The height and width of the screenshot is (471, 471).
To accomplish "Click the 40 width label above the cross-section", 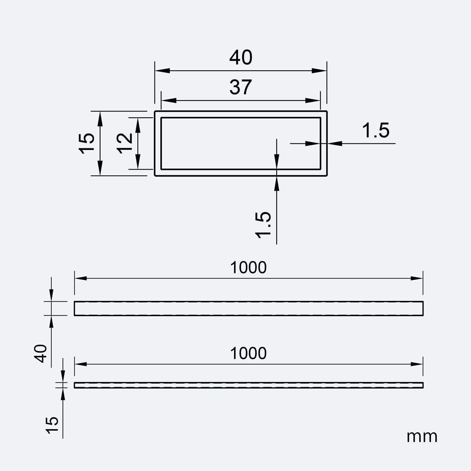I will [241, 58].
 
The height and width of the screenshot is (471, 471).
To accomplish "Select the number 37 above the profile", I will [241, 87].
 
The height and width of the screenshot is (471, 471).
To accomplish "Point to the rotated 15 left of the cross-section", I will [86, 143].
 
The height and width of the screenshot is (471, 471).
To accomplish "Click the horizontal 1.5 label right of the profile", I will [375, 131].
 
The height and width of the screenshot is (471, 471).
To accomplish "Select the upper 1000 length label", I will [248, 268].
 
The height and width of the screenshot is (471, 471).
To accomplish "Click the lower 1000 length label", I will [248, 353].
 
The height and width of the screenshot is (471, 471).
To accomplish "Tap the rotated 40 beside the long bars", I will [41, 353].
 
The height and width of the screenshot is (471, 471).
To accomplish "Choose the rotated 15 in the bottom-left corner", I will [53, 426].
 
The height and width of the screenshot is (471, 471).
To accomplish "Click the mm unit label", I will [422, 437].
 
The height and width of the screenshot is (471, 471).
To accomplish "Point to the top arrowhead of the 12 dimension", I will [138, 123].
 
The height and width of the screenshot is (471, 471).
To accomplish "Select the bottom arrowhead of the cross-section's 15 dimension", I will [100, 170].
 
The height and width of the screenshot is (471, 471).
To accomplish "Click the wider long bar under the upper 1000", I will [248, 308].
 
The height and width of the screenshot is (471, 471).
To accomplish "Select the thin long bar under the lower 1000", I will [248, 385].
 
